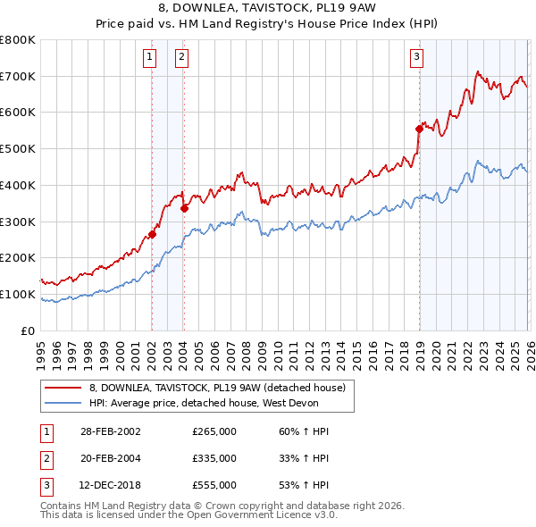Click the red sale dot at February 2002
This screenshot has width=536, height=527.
point(152,235)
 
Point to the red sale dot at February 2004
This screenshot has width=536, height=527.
point(184,209)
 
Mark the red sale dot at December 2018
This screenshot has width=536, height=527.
point(419,129)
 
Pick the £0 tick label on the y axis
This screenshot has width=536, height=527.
point(27,330)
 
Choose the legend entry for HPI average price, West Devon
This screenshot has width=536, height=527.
point(205,403)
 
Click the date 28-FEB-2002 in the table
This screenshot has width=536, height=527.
point(110,432)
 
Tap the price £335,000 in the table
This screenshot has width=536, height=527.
point(214,458)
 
